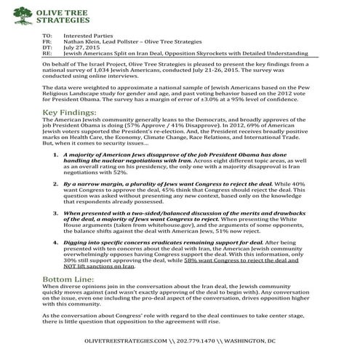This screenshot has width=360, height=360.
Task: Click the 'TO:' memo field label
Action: (48, 35)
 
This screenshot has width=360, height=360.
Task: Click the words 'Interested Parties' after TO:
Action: (89, 35)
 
